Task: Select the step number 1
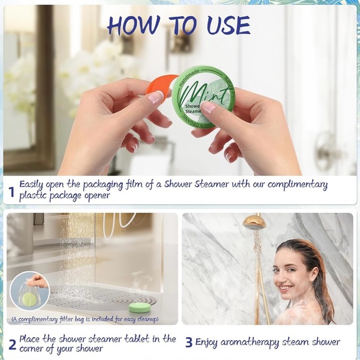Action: click(11, 192)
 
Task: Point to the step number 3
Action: click(189, 342)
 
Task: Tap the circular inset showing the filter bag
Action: click(29, 291)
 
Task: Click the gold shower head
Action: click(254, 222)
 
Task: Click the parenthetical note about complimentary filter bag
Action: click(84, 320)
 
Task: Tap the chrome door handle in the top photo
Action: click(326, 152)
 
